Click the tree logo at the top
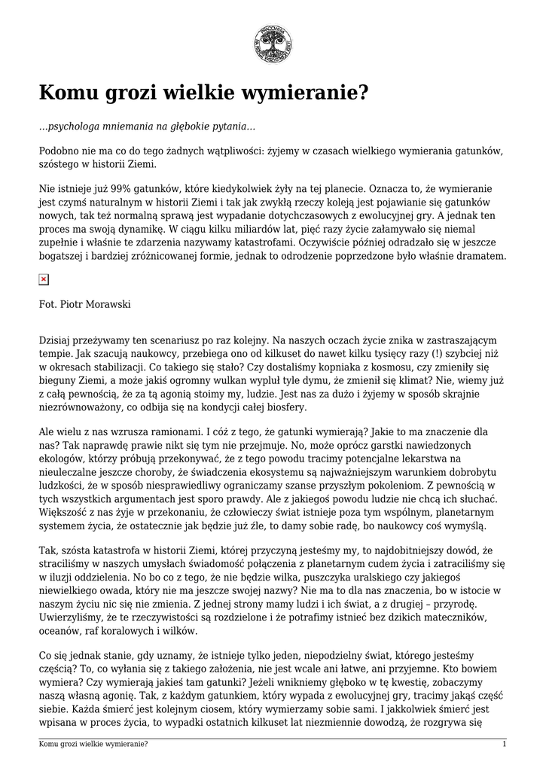[x=273, y=44]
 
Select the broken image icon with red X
[x=44, y=279]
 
